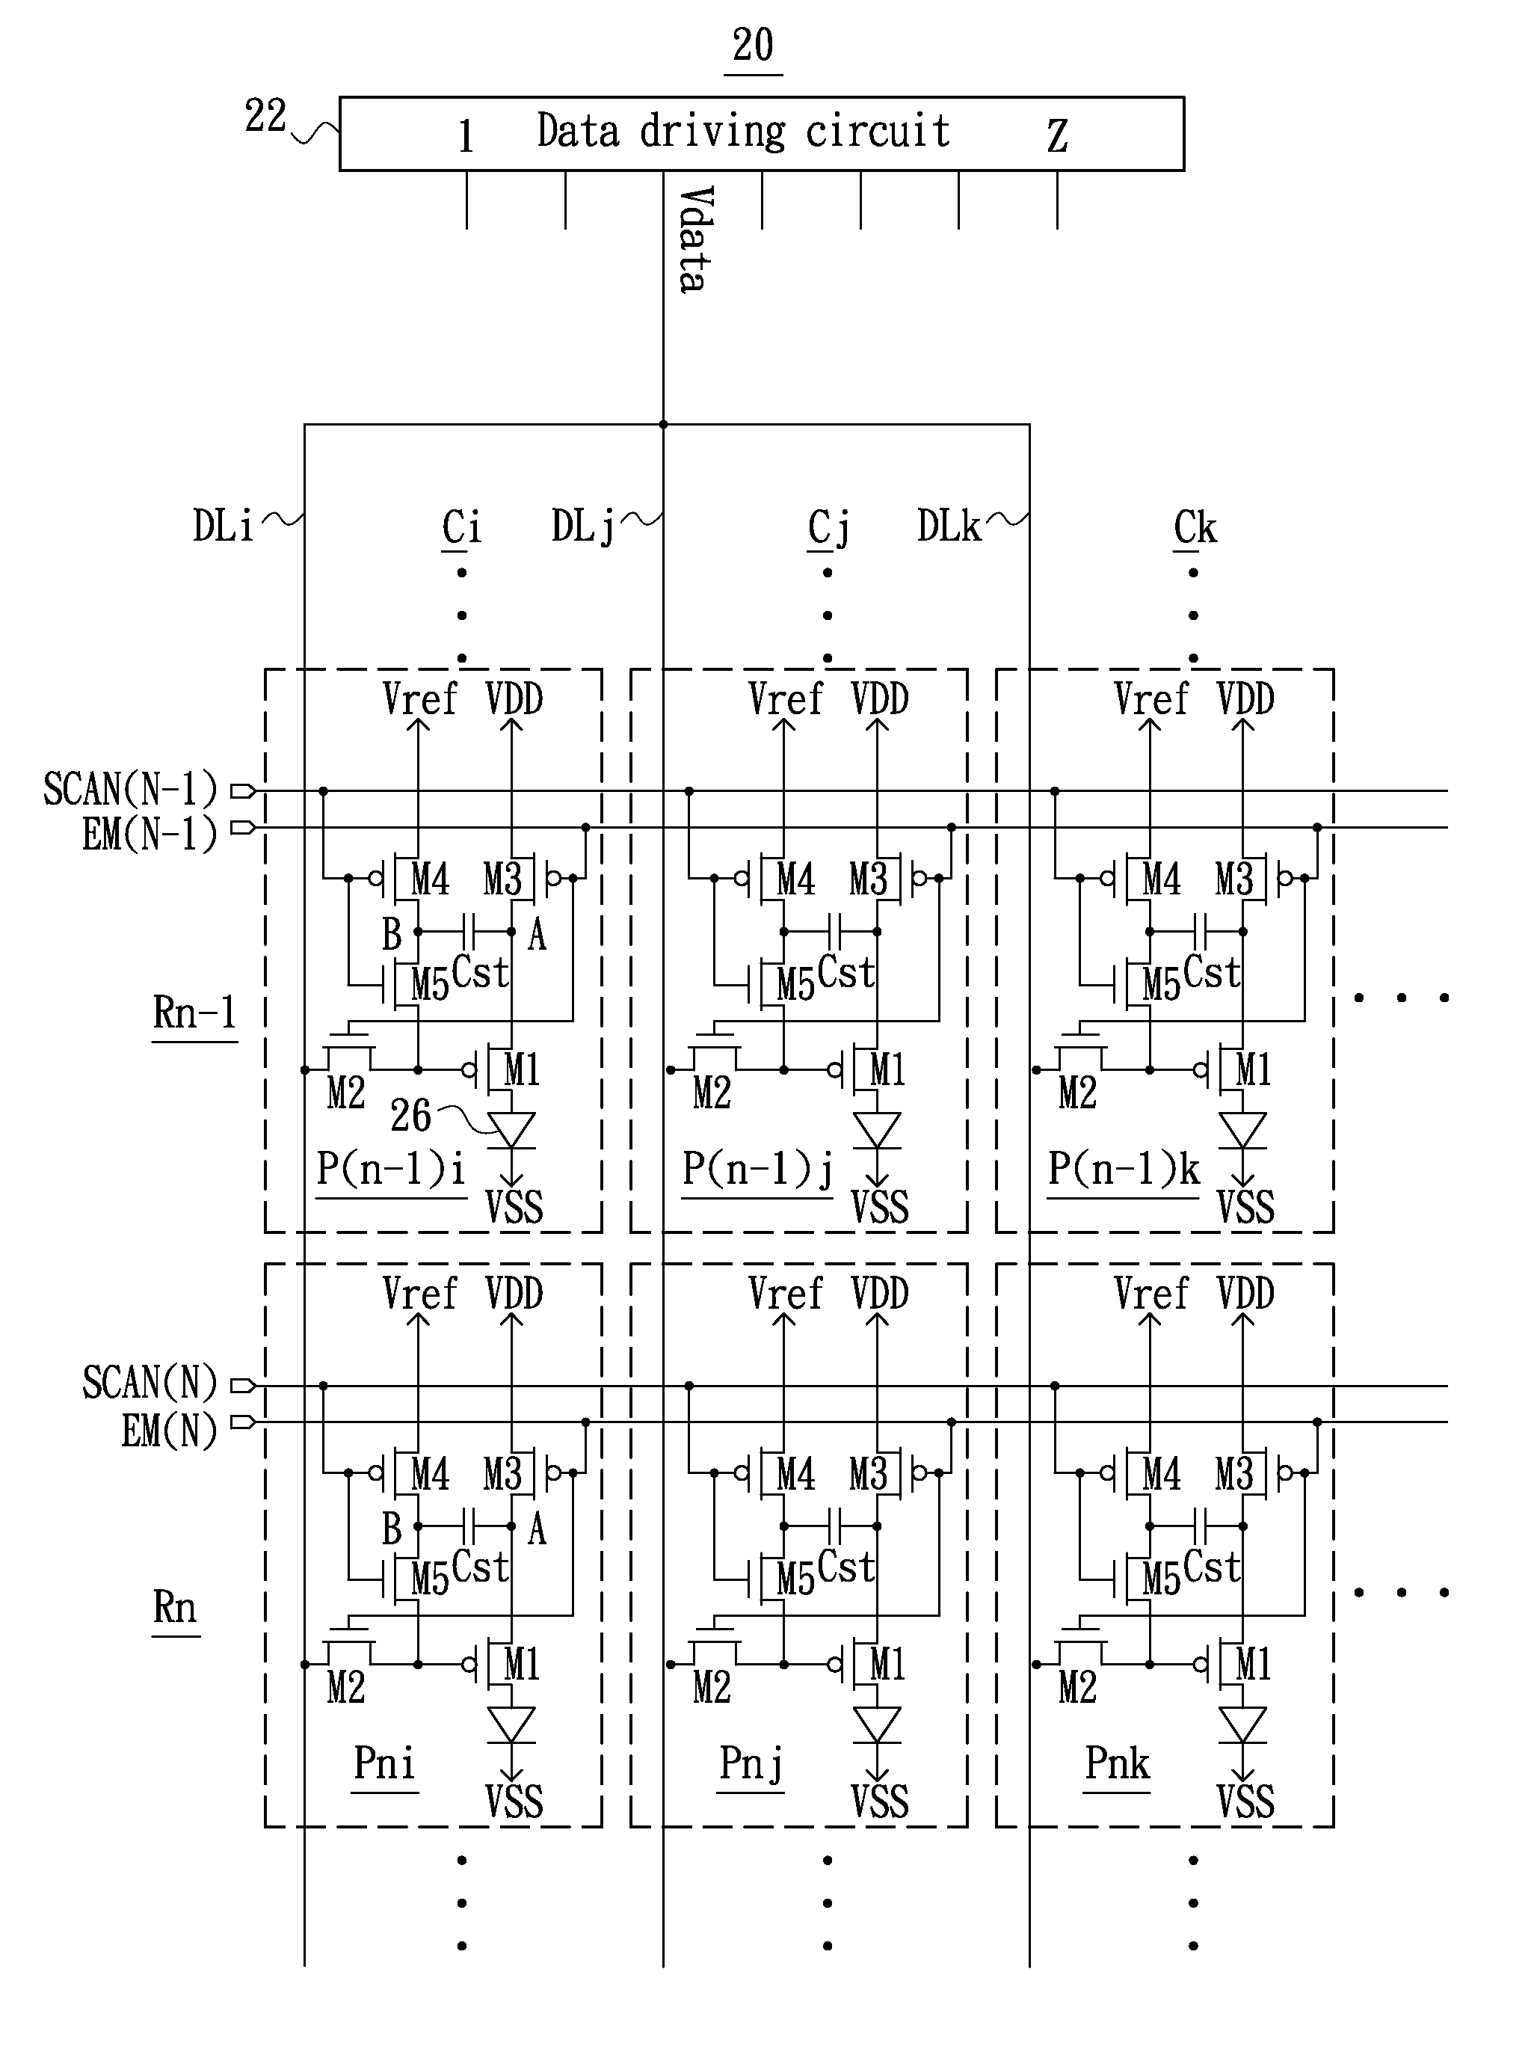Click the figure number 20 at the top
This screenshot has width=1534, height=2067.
click(x=752, y=45)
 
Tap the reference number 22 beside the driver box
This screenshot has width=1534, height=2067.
click(x=265, y=116)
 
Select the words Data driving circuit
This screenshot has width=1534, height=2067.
click(x=743, y=131)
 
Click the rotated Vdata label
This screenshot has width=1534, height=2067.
click(x=695, y=239)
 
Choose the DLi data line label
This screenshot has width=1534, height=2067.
click(x=223, y=526)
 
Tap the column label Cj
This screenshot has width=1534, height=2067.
click(x=828, y=529)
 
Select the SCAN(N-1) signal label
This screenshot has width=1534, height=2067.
click(x=130, y=790)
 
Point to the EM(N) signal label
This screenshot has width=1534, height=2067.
click(x=169, y=1430)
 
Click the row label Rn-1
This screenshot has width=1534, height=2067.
click(x=194, y=1013)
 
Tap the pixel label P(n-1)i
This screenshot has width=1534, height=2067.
click(x=391, y=1169)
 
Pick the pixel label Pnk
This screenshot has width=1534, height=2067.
click(x=1117, y=1763)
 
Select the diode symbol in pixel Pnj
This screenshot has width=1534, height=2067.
click(x=877, y=1725)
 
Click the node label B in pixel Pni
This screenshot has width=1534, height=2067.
click(x=392, y=1528)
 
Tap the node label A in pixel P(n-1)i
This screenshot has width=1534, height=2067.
click(x=537, y=935)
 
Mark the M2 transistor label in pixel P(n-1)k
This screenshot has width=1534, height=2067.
click(x=1077, y=1093)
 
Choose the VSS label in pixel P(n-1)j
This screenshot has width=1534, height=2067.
click(x=879, y=1207)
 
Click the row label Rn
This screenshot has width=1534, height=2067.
click(x=175, y=1607)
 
